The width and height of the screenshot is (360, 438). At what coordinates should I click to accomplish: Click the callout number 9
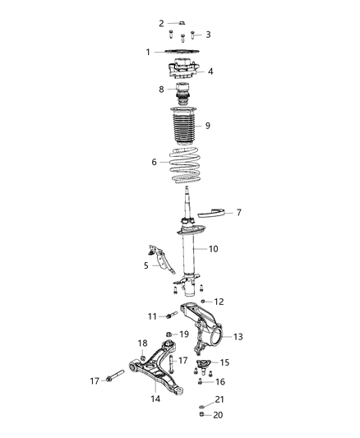[208, 126]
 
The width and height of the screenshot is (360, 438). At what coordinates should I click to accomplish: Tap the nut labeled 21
[201, 407]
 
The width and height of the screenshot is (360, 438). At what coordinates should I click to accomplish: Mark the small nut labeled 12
[203, 302]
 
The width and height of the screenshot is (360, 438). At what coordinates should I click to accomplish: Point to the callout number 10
[213, 247]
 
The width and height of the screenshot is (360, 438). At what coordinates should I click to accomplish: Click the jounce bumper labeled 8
[181, 91]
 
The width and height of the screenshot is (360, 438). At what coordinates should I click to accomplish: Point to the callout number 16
[219, 381]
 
